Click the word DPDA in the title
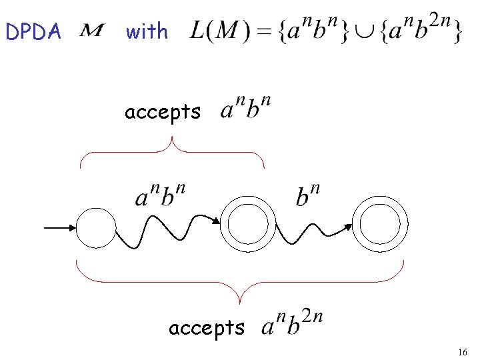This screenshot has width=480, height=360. click(x=33, y=31)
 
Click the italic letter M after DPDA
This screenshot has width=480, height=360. click(x=93, y=30)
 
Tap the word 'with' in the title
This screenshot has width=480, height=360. click(x=147, y=31)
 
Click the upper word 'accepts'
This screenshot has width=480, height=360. click(x=162, y=112)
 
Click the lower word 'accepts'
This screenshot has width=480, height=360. click(x=207, y=327)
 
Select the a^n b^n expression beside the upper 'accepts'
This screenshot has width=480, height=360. click(x=245, y=108)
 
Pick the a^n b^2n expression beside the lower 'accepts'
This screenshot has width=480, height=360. click(x=292, y=325)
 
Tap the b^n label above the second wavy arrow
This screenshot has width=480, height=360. click(x=307, y=194)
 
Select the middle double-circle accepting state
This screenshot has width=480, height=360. click(x=248, y=228)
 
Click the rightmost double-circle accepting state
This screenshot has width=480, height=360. click(x=381, y=228)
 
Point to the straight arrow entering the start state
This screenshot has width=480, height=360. click(x=60, y=228)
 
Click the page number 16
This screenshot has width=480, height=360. click(x=463, y=351)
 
